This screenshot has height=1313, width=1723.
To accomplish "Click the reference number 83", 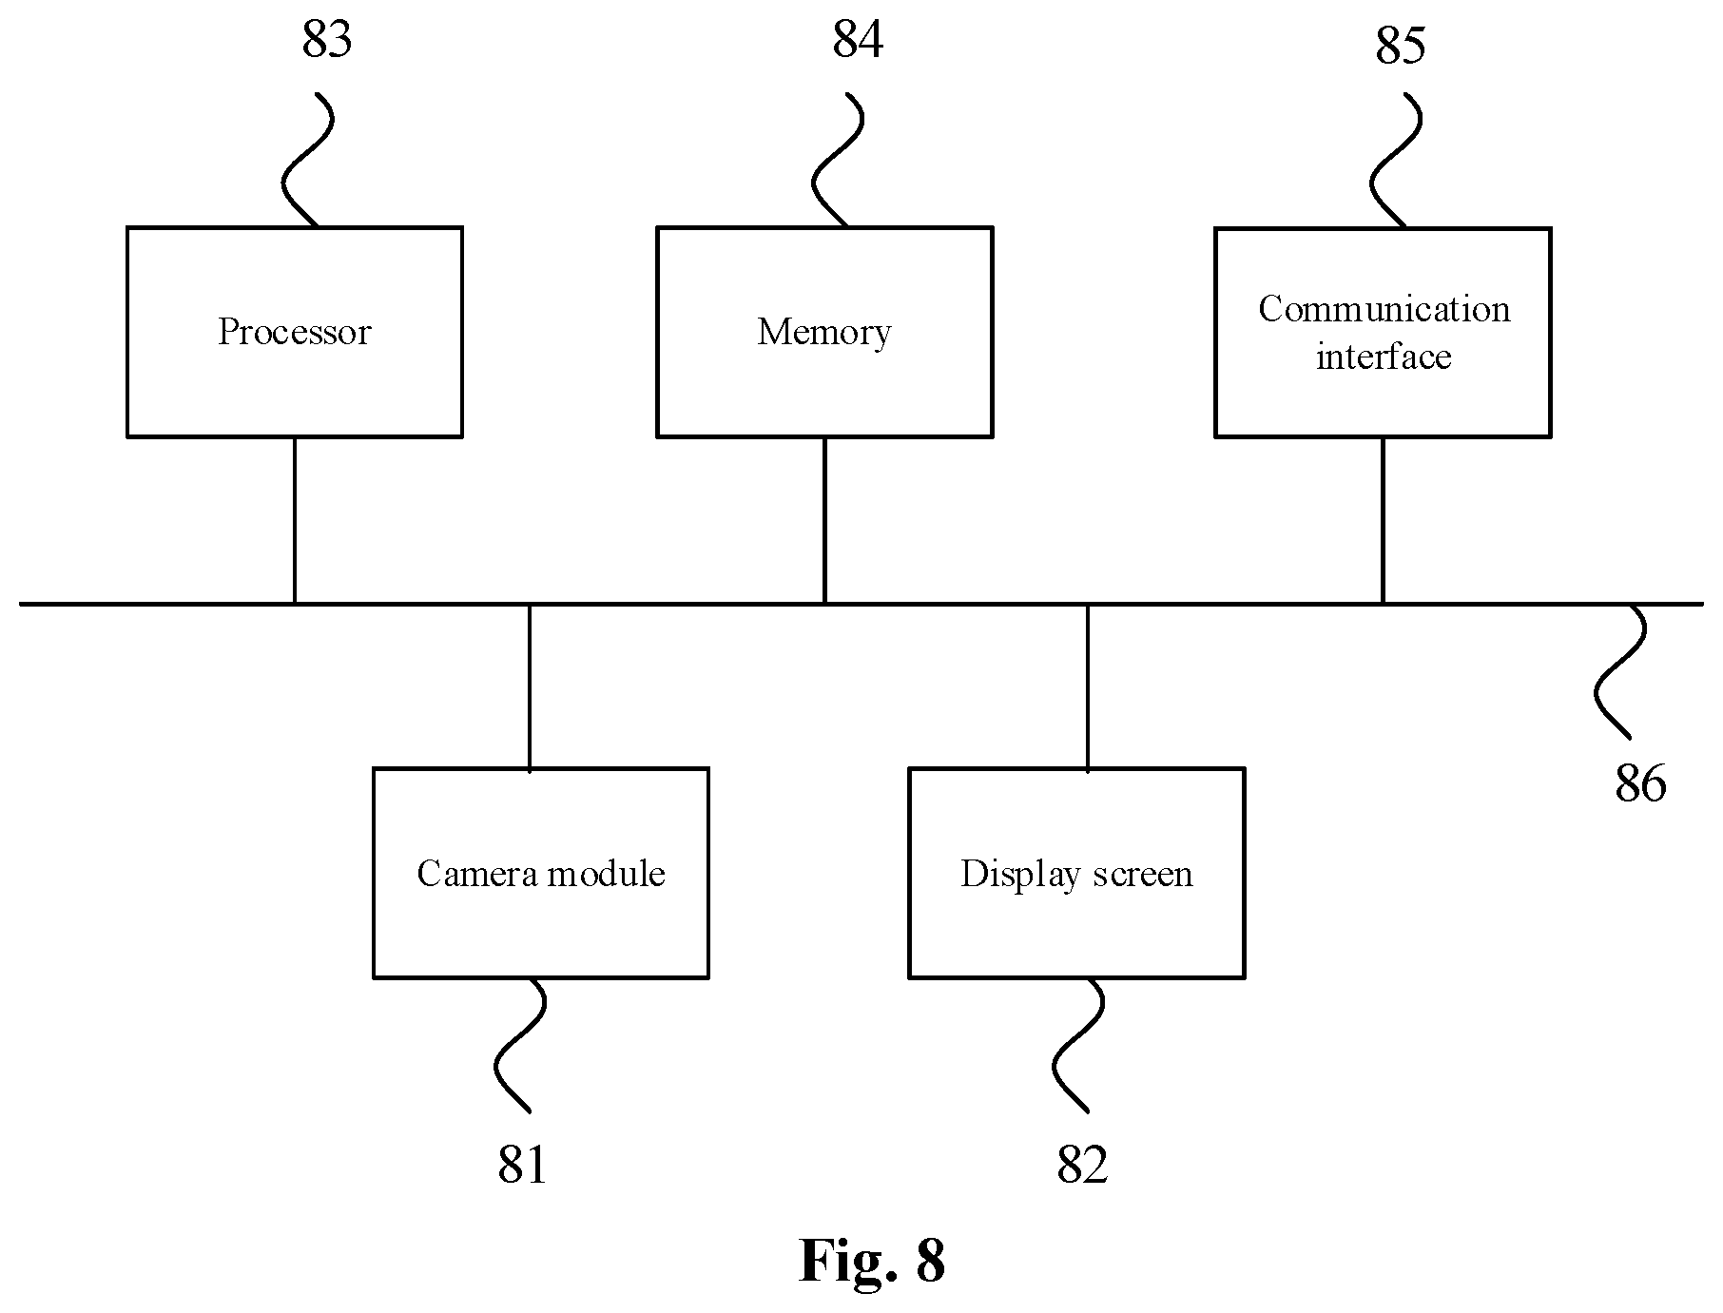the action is (x=327, y=41).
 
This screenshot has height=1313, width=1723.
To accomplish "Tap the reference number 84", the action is (x=858, y=41).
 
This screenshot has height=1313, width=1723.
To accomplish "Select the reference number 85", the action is (x=1401, y=46).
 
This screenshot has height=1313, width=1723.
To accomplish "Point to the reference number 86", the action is (x=1640, y=784).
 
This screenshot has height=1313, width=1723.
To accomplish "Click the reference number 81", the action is (x=523, y=1165).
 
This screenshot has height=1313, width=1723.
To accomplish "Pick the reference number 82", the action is (x=1082, y=1165).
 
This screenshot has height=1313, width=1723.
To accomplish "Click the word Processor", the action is (x=294, y=332).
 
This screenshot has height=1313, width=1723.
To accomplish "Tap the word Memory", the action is (x=824, y=333).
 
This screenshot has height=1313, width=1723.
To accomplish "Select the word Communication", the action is (x=1384, y=309).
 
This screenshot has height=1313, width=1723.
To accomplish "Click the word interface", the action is (x=1384, y=357).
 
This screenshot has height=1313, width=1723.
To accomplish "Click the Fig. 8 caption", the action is (x=872, y=1261).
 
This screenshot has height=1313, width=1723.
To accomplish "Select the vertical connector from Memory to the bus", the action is (x=824, y=520).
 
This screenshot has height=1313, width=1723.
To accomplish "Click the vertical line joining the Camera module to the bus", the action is (x=530, y=685).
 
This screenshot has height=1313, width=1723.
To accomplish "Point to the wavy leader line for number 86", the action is (x=1619, y=670).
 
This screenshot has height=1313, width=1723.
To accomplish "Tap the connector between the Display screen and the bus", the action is (x=1088, y=685).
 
